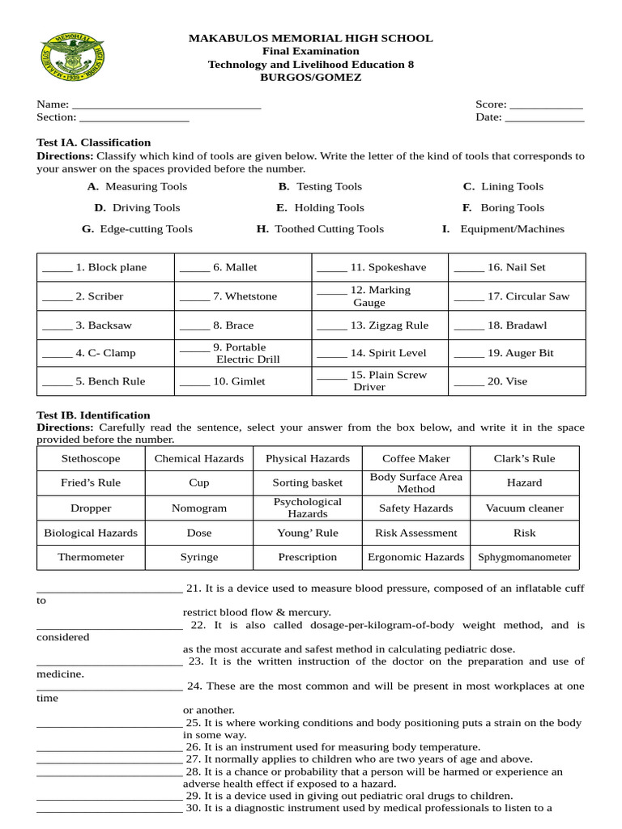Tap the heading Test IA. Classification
94,142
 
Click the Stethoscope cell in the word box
91,458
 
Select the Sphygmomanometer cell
524,557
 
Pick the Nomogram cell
199,508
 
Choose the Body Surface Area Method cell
415,483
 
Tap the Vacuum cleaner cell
524,508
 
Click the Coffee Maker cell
415,458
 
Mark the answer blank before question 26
109,748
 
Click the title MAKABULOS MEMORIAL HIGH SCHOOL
310,38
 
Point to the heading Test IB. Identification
94,415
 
